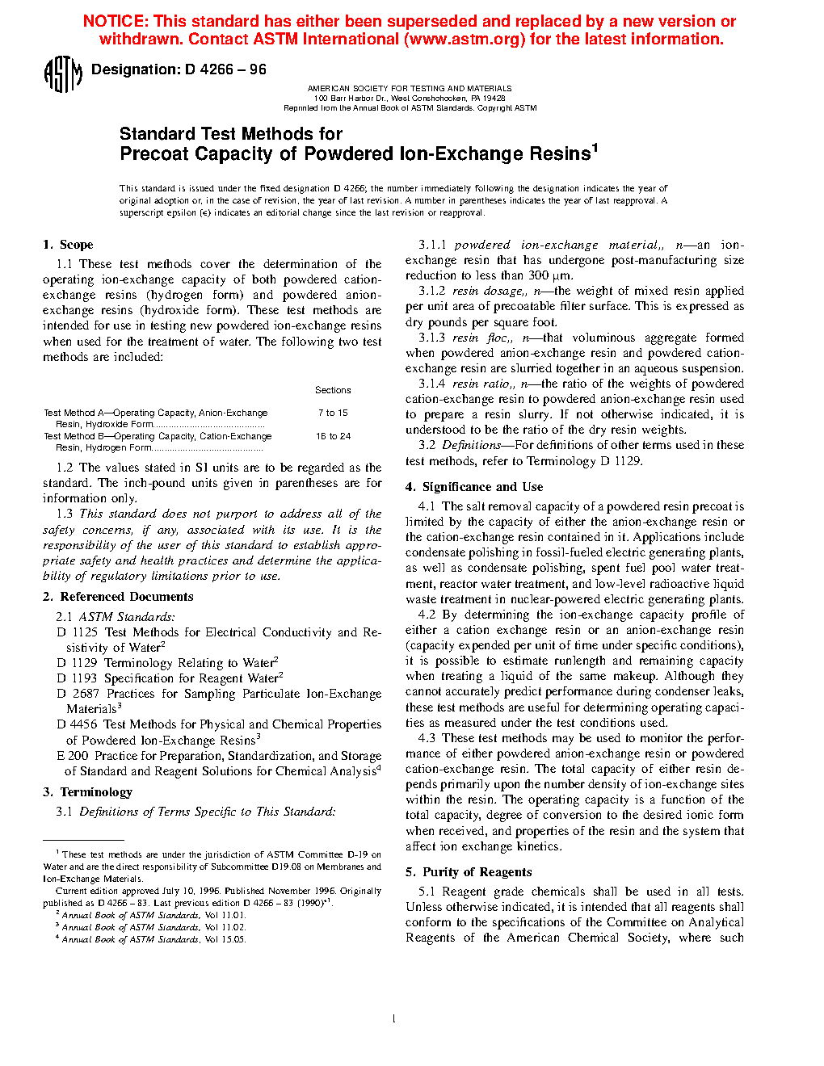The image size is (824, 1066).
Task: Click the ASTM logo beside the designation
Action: (62, 74)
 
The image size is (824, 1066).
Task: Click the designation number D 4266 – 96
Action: (225, 69)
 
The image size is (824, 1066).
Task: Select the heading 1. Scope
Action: (68, 245)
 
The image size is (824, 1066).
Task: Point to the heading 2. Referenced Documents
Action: (118, 597)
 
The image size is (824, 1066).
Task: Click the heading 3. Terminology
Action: (87, 792)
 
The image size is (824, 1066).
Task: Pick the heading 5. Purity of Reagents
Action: (469, 872)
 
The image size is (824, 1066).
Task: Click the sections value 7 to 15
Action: (333, 413)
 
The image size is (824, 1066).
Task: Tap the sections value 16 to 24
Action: (333, 436)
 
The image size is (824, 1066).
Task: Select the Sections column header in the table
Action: (333, 390)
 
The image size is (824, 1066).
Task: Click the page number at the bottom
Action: (393, 1019)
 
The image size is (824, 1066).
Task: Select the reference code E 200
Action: (73, 756)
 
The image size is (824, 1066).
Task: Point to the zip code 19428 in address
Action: (494, 98)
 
